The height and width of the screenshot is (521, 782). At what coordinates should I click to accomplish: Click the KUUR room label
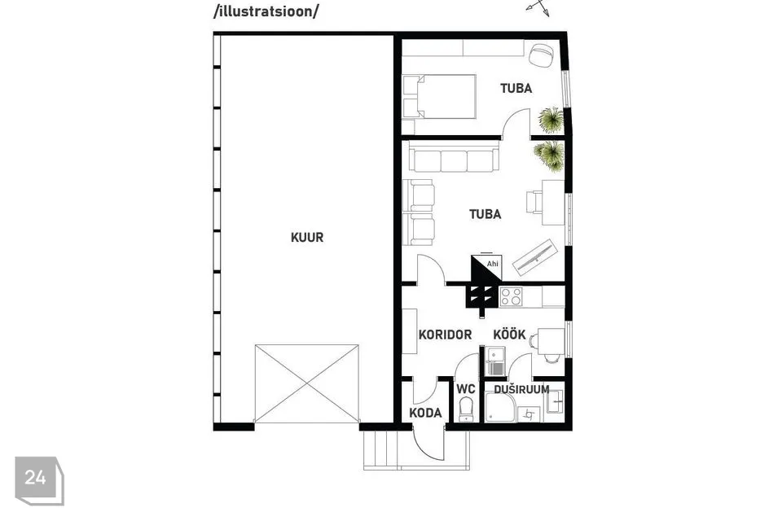point(307,238)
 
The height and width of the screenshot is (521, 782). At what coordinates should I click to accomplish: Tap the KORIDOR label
point(445,335)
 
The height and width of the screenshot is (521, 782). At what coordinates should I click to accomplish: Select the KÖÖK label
point(509,334)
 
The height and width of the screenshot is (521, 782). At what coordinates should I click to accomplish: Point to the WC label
point(466,389)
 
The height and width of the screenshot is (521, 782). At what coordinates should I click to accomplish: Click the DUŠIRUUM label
point(521,389)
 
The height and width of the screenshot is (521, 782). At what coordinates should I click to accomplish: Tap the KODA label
point(425,413)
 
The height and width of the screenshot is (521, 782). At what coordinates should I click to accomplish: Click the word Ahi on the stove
point(492,264)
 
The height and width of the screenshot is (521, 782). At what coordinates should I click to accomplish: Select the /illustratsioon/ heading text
point(266,11)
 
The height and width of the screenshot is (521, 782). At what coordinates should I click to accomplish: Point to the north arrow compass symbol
point(538,7)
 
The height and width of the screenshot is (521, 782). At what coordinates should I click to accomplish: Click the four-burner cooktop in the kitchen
point(512,296)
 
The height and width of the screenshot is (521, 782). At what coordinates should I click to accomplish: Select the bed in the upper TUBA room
point(439,97)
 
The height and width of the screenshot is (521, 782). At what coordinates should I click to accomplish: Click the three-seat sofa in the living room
point(454,156)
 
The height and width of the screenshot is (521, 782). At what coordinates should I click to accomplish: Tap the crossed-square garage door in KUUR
point(307,383)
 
